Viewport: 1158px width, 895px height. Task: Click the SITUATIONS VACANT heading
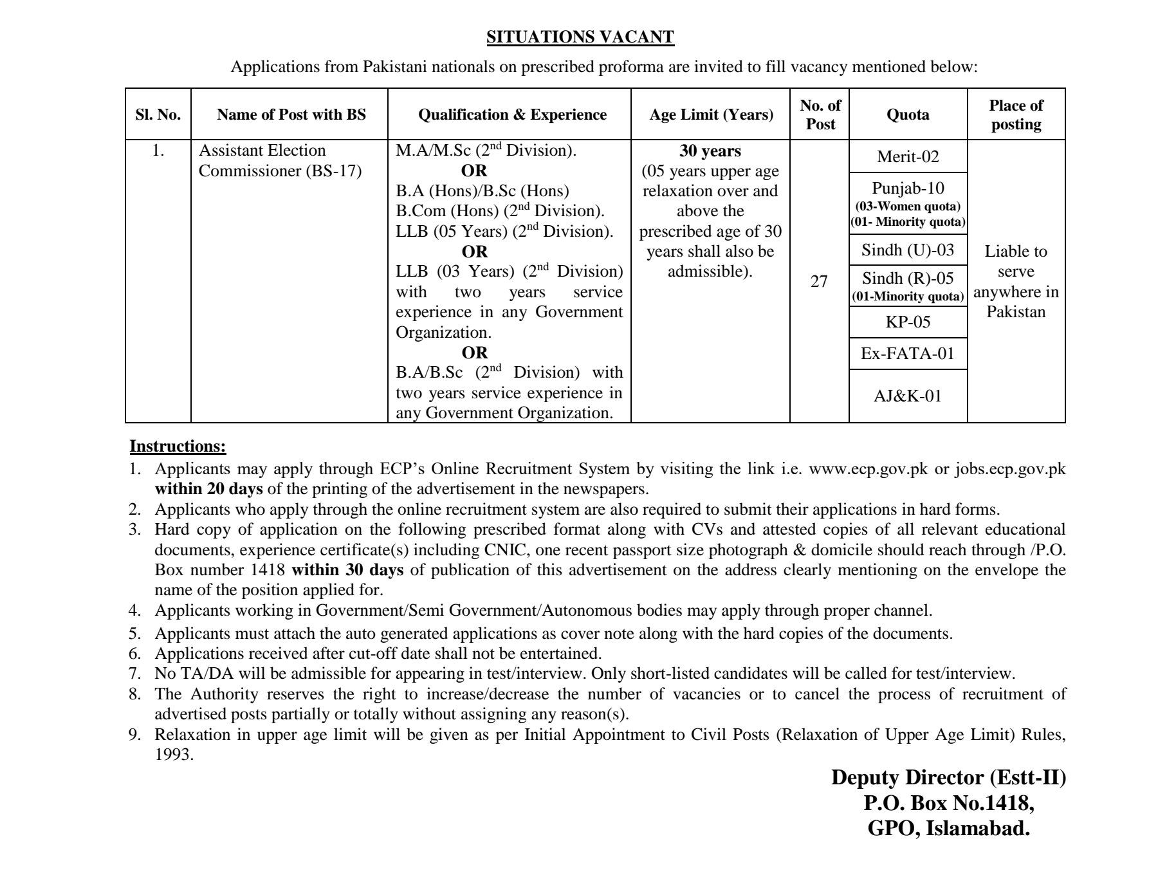coord(580,37)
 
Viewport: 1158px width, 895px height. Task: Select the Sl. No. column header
coord(158,115)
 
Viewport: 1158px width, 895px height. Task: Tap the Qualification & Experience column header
coord(512,115)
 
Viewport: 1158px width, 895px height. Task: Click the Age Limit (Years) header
coord(711,115)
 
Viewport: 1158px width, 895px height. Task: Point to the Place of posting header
coord(1016,115)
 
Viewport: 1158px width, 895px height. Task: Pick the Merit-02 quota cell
coord(908,156)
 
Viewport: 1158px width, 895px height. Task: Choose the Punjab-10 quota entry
coord(908,188)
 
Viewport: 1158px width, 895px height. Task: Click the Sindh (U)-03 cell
coord(908,250)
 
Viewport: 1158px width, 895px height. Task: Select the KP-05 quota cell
coord(908,322)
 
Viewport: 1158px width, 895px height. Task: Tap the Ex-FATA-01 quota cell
coord(908,353)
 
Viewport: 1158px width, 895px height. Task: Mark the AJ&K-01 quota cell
coord(908,396)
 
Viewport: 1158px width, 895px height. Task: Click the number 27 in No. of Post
coord(819,281)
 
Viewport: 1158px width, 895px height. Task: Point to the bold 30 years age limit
coord(710,151)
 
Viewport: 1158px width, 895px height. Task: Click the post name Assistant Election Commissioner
coord(280,160)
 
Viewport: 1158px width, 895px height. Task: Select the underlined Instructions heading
coord(178,446)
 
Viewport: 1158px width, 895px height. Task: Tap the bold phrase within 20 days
coord(208,489)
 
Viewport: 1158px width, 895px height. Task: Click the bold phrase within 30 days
coord(347,570)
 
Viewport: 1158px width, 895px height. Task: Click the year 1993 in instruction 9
coord(174,755)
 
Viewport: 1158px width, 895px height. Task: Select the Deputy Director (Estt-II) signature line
coord(948,777)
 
